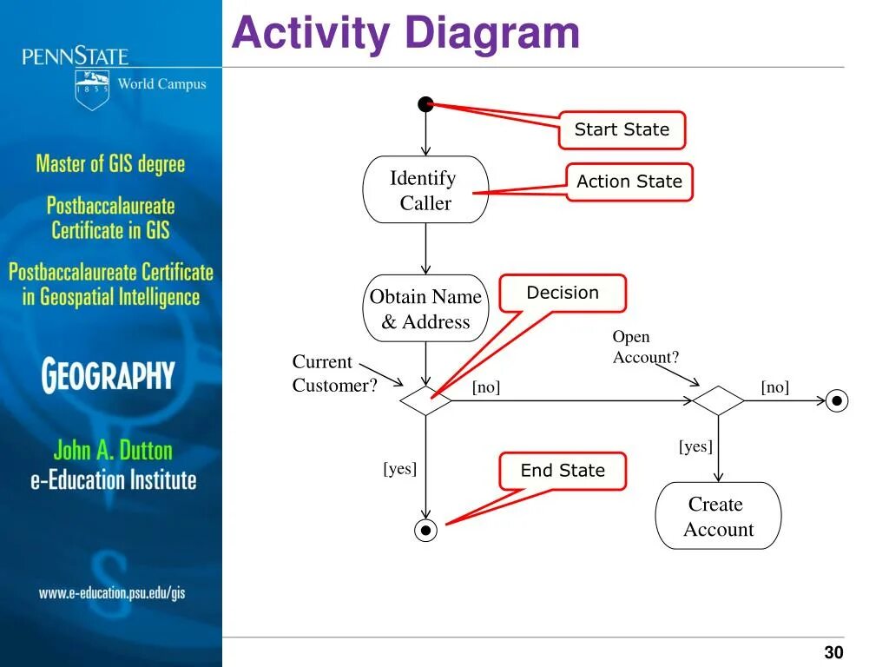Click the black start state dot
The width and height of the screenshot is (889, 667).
tap(425, 105)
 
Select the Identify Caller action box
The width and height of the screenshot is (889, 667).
tap(425, 190)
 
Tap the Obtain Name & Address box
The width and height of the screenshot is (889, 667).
tap(425, 309)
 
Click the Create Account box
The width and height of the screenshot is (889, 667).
tap(718, 516)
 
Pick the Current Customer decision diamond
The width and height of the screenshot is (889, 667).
tap(425, 401)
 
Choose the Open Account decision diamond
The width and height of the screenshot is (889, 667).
tap(718, 401)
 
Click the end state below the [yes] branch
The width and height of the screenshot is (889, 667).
tap(425, 530)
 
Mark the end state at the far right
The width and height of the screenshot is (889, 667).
tap(837, 400)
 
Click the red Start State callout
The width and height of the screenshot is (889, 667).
tap(622, 130)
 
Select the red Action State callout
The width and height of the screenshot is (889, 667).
tap(629, 182)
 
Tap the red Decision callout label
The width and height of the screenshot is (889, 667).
tap(563, 294)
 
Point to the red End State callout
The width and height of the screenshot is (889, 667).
tap(563, 471)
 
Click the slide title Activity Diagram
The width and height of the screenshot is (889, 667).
tap(405, 34)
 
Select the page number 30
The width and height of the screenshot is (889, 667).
tap(833, 653)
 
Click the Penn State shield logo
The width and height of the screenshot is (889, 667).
tap(92, 89)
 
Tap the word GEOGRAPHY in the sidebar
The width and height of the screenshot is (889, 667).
tap(109, 376)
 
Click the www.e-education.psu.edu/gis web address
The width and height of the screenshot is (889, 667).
tap(112, 593)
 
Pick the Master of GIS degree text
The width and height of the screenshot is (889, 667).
tap(110, 163)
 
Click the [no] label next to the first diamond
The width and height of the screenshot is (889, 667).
tap(486, 387)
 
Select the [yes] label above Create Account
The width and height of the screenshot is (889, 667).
tap(695, 446)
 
